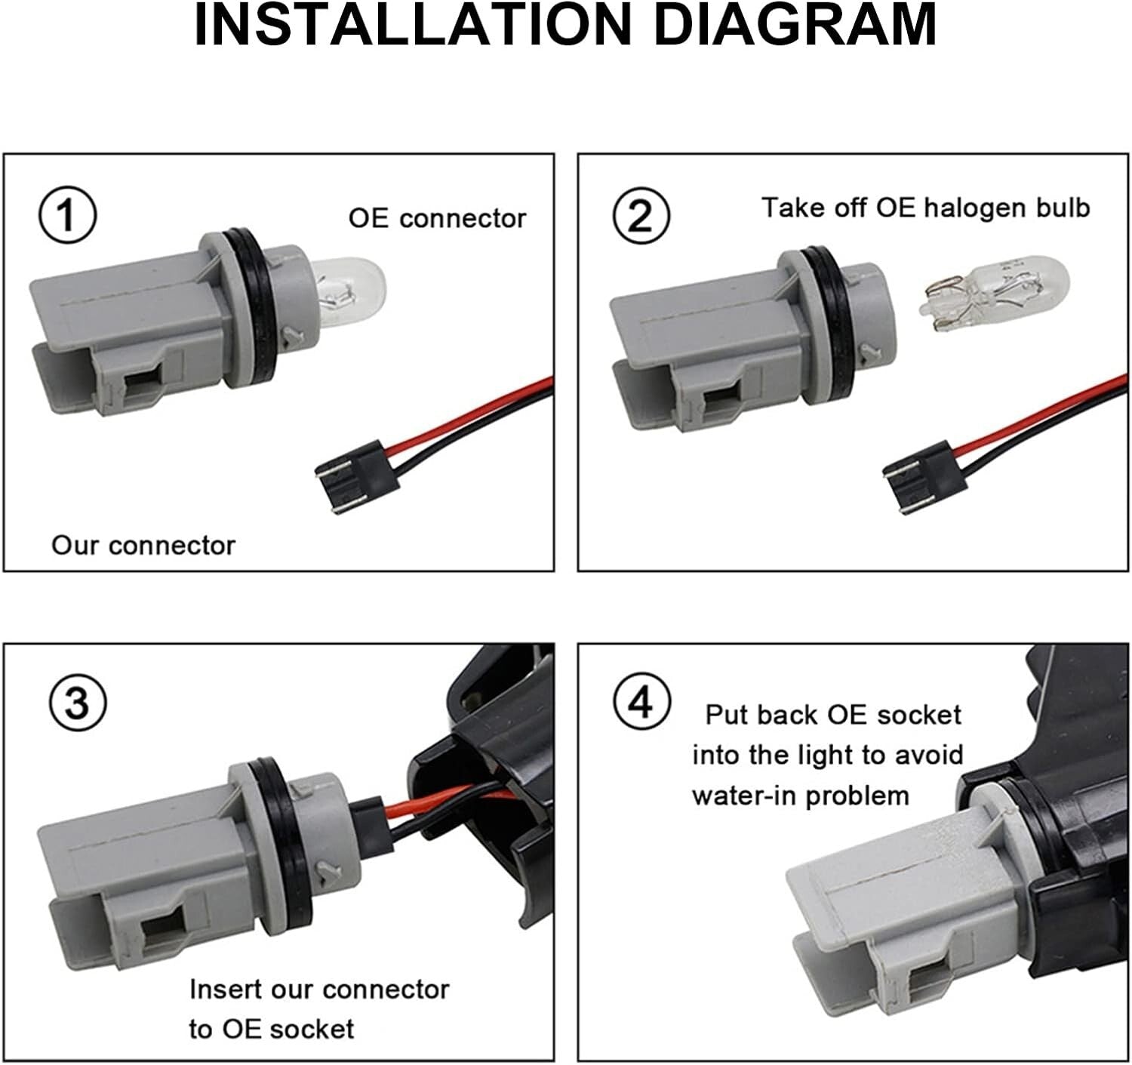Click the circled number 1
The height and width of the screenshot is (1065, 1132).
[x=67, y=215]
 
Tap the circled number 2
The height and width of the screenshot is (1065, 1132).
[x=641, y=216]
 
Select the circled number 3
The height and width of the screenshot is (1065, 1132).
[x=78, y=703]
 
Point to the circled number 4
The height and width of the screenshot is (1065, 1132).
[x=641, y=701]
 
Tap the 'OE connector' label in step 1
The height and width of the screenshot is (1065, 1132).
[x=437, y=218]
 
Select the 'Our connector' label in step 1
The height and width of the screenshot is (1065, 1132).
[x=143, y=546]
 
